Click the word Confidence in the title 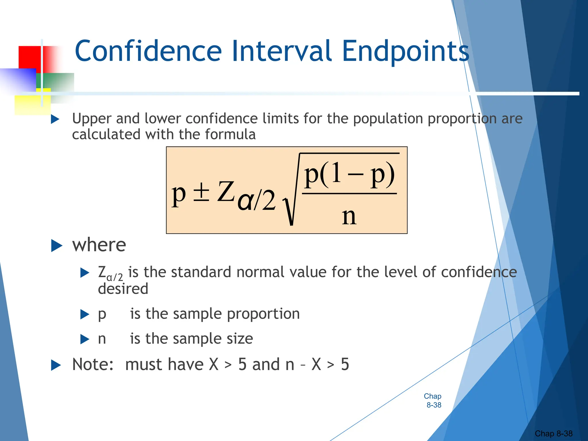(x=148, y=51)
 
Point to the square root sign (x=291, y=207)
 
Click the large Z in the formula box (x=225, y=192)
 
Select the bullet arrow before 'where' (x=57, y=246)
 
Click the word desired (x=123, y=289)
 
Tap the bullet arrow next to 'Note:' (x=56, y=365)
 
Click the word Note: (x=93, y=365)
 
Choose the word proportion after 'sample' (x=263, y=314)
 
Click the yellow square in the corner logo (x=29, y=105)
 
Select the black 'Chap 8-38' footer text (x=553, y=434)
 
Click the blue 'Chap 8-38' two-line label (x=433, y=401)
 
